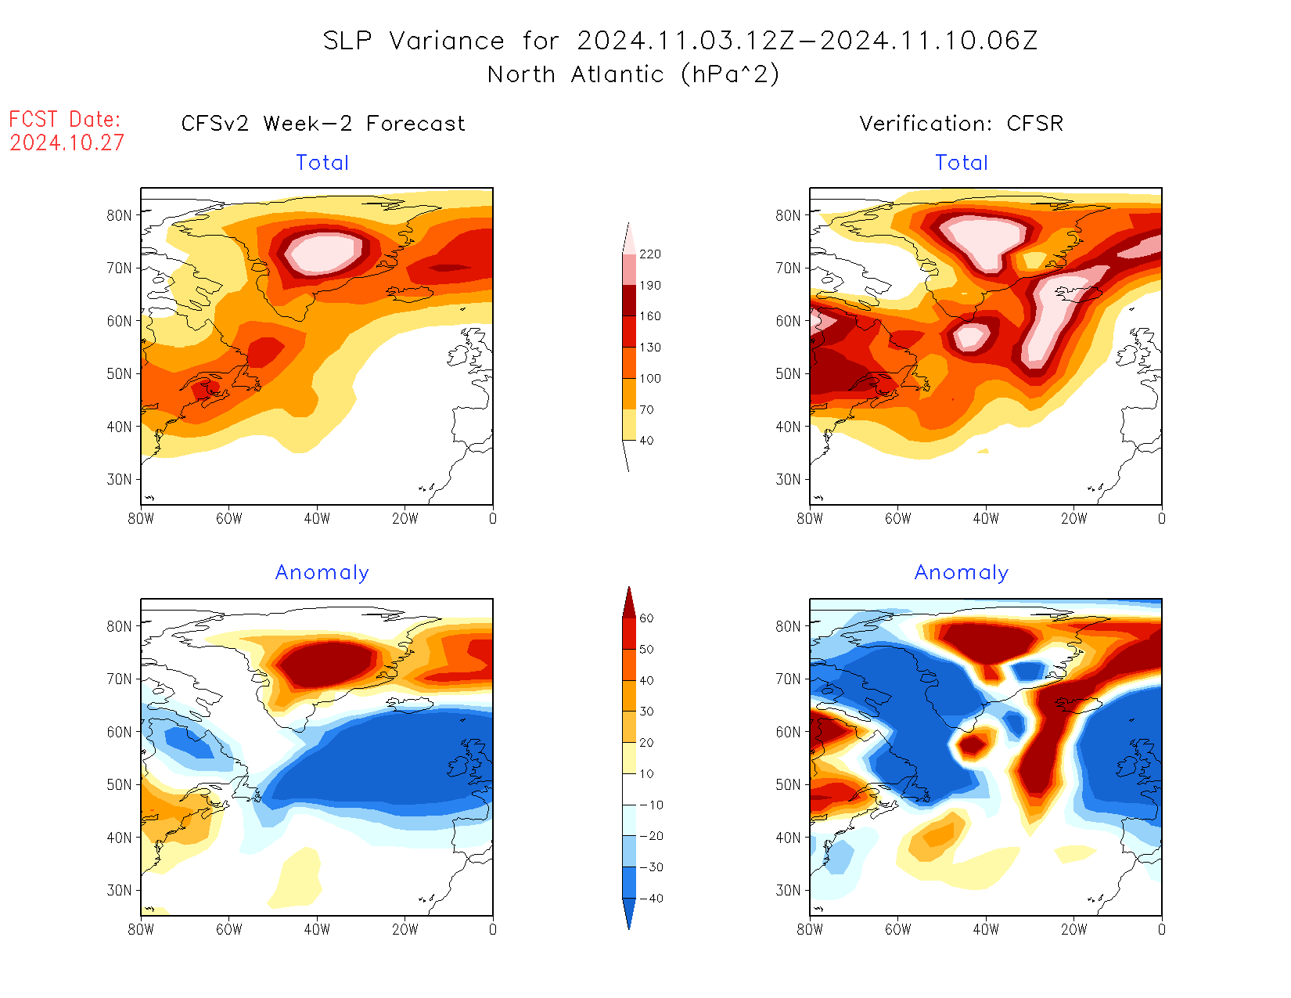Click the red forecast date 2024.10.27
pyautogui.click(x=67, y=143)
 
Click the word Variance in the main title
pyautogui.click(x=447, y=41)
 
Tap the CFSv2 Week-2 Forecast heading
pyautogui.click(x=322, y=124)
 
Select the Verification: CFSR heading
pyautogui.click(x=961, y=124)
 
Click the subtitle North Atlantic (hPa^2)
pyautogui.click(x=633, y=74)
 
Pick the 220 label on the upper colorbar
pyautogui.click(x=649, y=254)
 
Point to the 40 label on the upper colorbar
pyautogui.click(x=646, y=441)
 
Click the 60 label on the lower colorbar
pyautogui.click(x=646, y=618)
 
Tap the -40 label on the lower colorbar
pyautogui.click(x=651, y=899)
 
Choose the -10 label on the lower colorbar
pyautogui.click(x=651, y=805)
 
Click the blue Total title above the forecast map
pyautogui.click(x=322, y=163)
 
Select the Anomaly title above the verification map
pyautogui.click(x=961, y=573)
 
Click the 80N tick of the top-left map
pyautogui.click(x=119, y=215)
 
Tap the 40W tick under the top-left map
pyautogui.click(x=317, y=518)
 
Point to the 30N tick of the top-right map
pyautogui.click(x=788, y=479)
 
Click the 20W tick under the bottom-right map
pyautogui.click(x=1073, y=929)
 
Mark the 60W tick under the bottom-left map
pyautogui.click(x=228, y=929)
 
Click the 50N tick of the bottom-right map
pyautogui.click(x=788, y=784)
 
